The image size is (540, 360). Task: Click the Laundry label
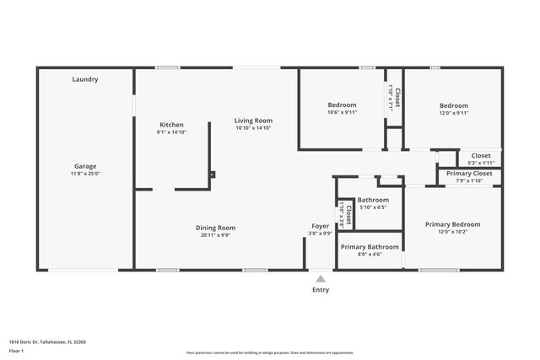(x=85, y=79)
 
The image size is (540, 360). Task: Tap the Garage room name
(x=85, y=166)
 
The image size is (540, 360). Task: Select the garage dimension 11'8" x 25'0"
(x=85, y=174)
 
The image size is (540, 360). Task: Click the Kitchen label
(x=171, y=125)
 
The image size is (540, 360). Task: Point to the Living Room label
(x=253, y=121)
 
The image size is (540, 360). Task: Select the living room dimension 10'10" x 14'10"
(x=253, y=128)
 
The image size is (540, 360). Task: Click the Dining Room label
(x=215, y=228)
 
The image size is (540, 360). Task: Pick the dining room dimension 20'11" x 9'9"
(x=215, y=235)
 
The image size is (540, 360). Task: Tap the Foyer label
(x=321, y=227)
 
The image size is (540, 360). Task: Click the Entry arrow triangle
(x=321, y=277)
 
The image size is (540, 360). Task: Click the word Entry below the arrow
(x=321, y=290)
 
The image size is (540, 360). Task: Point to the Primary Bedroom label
(x=452, y=224)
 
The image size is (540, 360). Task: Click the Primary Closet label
(x=469, y=173)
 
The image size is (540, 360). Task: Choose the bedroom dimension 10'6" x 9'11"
(x=342, y=112)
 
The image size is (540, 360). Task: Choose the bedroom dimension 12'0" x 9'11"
(x=453, y=112)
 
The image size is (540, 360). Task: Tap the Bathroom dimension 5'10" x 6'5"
(x=372, y=207)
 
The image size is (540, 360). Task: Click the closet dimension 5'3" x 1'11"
(x=480, y=162)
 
